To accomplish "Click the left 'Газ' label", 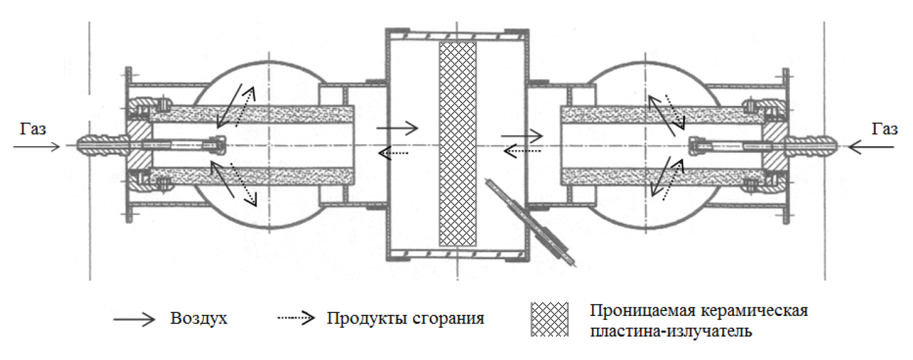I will (32, 130).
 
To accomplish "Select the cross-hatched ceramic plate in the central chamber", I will (457, 144).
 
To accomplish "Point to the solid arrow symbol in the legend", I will (134, 319).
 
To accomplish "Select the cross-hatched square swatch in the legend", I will (549, 319).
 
